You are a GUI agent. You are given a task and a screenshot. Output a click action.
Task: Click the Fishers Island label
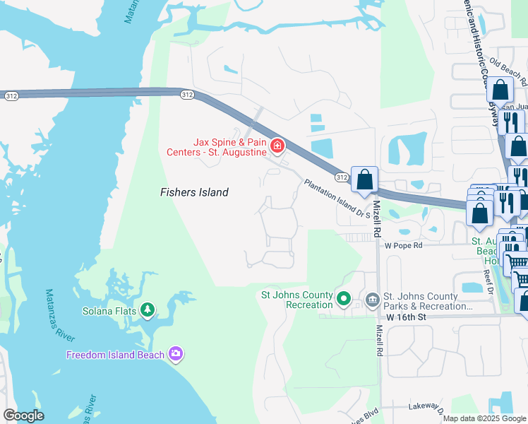click(x=193, y=192)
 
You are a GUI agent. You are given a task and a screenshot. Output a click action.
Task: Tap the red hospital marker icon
click(x=277, y=146)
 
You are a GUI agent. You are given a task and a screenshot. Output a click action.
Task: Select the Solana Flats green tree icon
click(x=148, y=310)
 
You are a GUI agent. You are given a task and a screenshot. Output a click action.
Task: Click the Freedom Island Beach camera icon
click(x=176, y=354)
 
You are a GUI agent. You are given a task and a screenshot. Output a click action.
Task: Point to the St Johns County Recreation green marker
click(x=344, y=299)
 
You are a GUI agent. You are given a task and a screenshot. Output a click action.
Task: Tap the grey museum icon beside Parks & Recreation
click(x=372, y=300)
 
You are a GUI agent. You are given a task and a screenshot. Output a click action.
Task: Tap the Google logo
click(x=23, y=416)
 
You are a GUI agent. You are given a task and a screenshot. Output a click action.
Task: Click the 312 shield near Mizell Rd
click(x=342, y=176)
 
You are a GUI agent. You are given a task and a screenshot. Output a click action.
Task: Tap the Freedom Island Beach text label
click(x=116, y=355)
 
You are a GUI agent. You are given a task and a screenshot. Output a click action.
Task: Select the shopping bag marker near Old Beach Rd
click(x=500, y=90)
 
